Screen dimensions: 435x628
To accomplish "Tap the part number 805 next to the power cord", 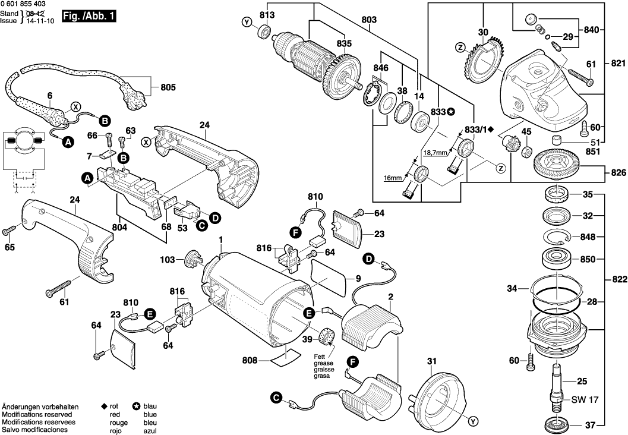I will pyautogui.click(x=168, y=88).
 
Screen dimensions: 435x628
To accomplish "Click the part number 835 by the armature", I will pyautogui.click(x=343, y=43).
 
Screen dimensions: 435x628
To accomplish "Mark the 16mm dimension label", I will pyautogui.click(x=392, y=177).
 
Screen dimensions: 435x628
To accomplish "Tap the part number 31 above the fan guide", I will pyautogui.click(x=431, y=361).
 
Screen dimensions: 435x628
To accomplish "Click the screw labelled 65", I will pyautogui.click(x=11, y=230).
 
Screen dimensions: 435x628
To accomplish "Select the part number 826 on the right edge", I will pyautogui.click(x=618, y=173).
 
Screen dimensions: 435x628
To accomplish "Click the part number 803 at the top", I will pyautogui.click(x=368, y=20).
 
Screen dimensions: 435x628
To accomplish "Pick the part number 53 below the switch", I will pyautogui.click(x=183, y=228).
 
